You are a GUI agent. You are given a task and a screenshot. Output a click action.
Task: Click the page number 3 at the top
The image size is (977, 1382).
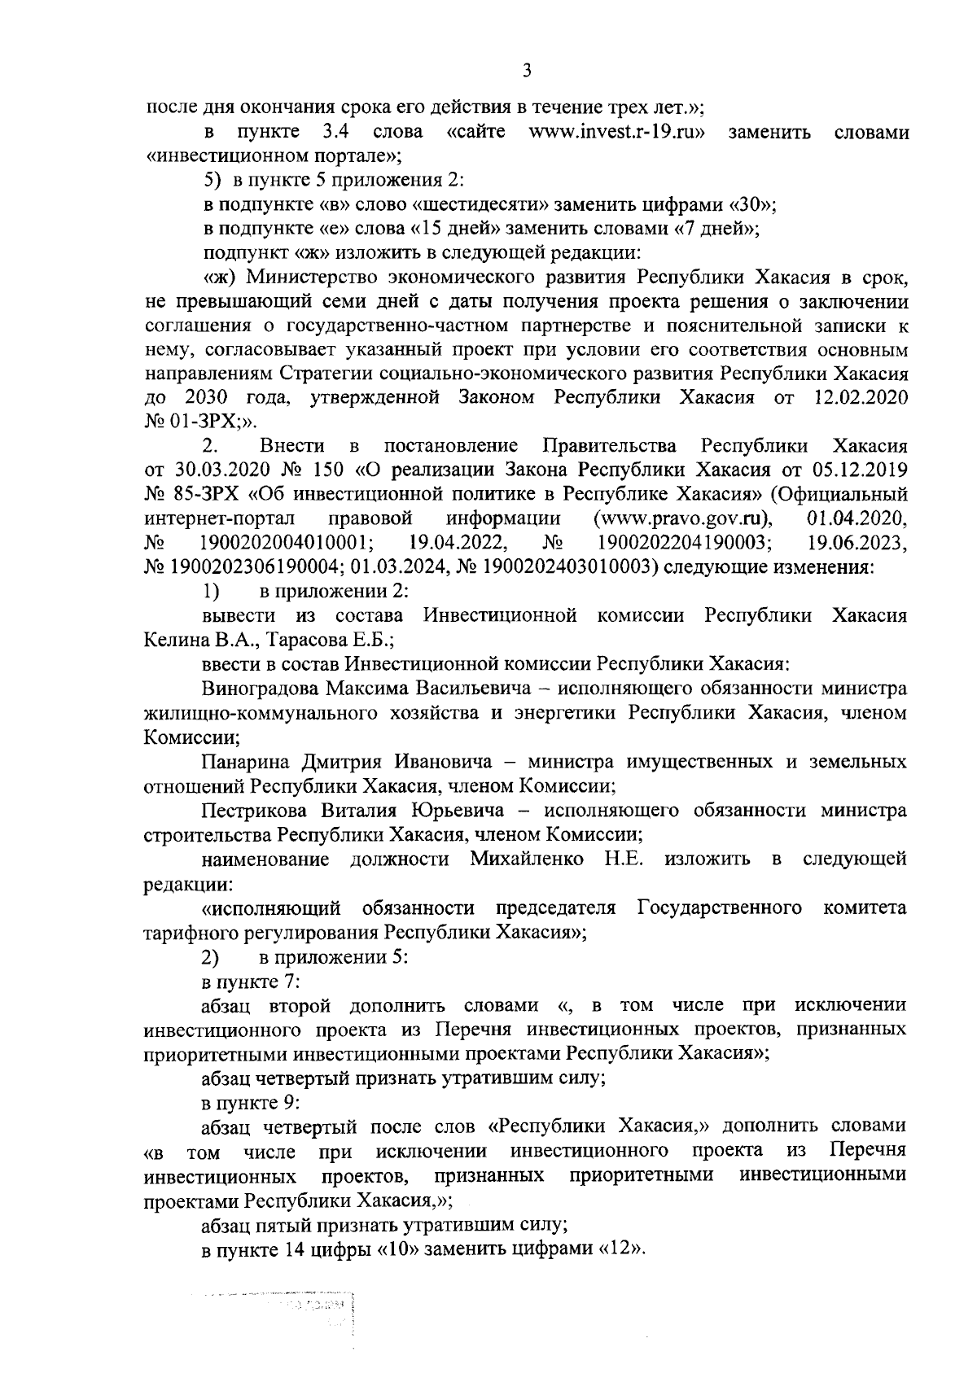pos(527,71)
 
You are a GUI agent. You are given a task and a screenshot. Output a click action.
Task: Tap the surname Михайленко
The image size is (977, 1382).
pos(526,859)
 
